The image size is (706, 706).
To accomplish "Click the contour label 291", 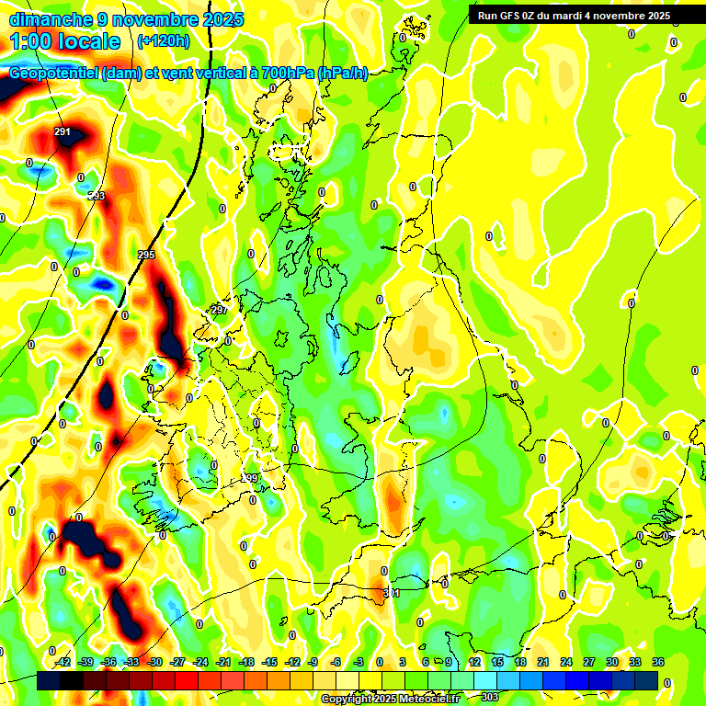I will (x=63, y=132).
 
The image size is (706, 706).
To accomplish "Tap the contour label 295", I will (x=145, y=255).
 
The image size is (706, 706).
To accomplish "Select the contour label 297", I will (x=219, y=310).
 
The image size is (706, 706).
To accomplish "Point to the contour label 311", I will (x=392, y=594).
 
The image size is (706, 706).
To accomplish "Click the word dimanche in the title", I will (x=51, y=19).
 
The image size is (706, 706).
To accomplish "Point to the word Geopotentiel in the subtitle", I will (x=53, y=74).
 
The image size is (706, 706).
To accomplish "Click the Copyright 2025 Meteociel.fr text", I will (x=390, y=700).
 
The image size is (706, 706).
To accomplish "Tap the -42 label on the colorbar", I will (x=63, y=662).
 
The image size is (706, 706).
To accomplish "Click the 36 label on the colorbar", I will (x=657, y=662).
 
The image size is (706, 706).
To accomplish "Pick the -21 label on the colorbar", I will (x=223, y=662).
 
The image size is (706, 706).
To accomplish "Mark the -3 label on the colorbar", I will (x=360, y=662).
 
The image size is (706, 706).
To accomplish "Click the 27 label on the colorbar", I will (x=588, y=662).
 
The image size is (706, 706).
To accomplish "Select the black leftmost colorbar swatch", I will (x=50, y=680).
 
